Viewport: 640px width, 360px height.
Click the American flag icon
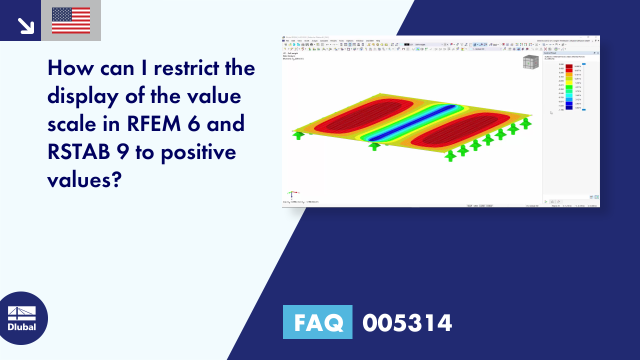pyautogui.click(x=71, y=20)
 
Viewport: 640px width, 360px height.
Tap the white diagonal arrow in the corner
pyautogui.click(x=25, y=25)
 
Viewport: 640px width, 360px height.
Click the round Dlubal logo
pyautogui.click(x=22, y=318)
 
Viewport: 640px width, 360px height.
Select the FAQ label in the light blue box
pyautogui.click(x=317, y=322)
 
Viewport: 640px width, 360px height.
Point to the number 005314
pyautogui.click(x=407, y=322)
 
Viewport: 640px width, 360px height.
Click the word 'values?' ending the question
pyautogui.click(x=84, y=180)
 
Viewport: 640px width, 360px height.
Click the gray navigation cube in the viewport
pyautogui.click(x=530, y=62)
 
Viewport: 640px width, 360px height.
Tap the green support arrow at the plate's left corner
pyautogui.click(x=298, y=135)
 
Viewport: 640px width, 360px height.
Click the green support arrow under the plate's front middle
pyautogui.click(x=374, y=146)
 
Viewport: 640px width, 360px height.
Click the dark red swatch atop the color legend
pyautogui.click(x=569, y=66)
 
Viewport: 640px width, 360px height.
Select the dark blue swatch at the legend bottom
pyautogui.click(x=569, y=108)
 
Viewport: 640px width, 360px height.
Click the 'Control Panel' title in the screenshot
pyautogui.click(x=550, y=52)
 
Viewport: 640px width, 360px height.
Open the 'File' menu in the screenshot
pyautogui.click(x=287, y=40)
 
